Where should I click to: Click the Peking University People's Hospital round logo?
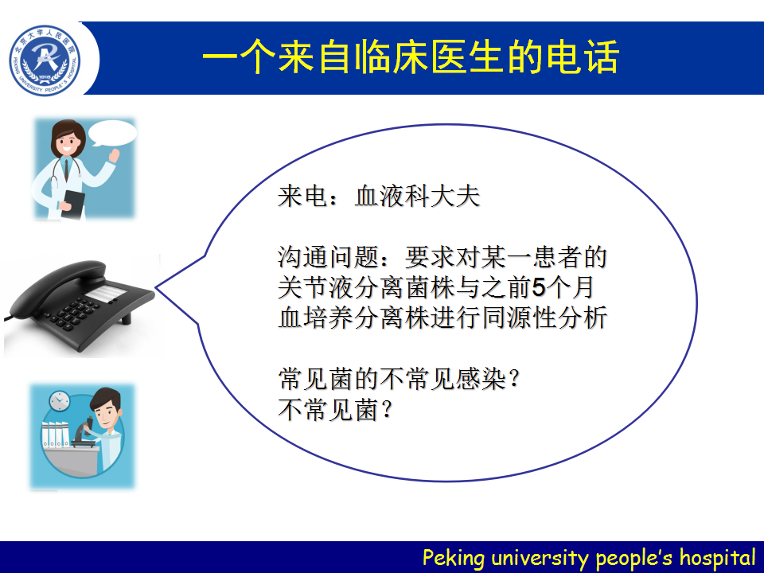point(45,60)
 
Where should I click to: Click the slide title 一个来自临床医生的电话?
point(411,57)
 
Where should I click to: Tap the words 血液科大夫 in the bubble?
point(418,197)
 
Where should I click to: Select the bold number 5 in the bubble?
point(539,287)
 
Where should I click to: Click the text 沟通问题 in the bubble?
point(329,257)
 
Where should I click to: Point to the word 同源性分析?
point(544,318)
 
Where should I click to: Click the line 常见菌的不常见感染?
point(399,379)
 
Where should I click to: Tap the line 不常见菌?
point(335,409)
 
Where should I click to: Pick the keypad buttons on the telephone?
point(73,312)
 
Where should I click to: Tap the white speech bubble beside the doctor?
point(112,133)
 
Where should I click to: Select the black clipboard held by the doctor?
point(73,205)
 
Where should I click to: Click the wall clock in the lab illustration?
point(60,401)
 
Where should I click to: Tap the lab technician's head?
point(107,407)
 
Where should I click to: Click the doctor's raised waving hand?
point(114,155)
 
